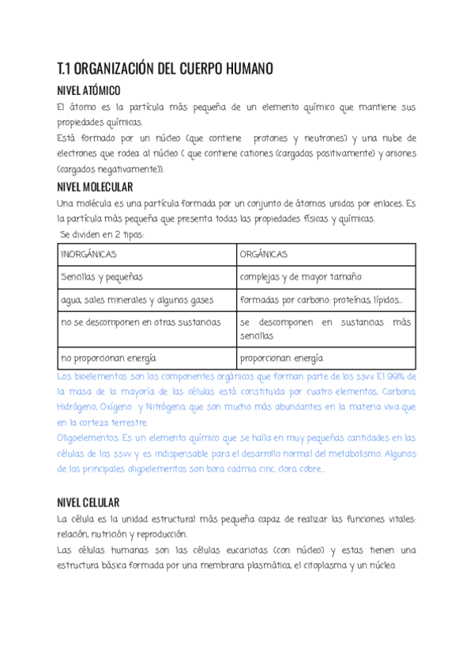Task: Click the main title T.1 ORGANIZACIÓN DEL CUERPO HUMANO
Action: click(x=165, y=69)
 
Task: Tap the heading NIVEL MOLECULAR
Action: click(x=95, y=188)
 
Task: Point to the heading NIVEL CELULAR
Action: click(x=88, y=502)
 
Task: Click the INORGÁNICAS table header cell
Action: click(x=89, y=255)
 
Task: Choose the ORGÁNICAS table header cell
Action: click(x=263, y=255)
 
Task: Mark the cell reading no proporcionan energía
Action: click(x=108, y=358)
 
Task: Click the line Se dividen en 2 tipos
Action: click(x=102, y=234)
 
